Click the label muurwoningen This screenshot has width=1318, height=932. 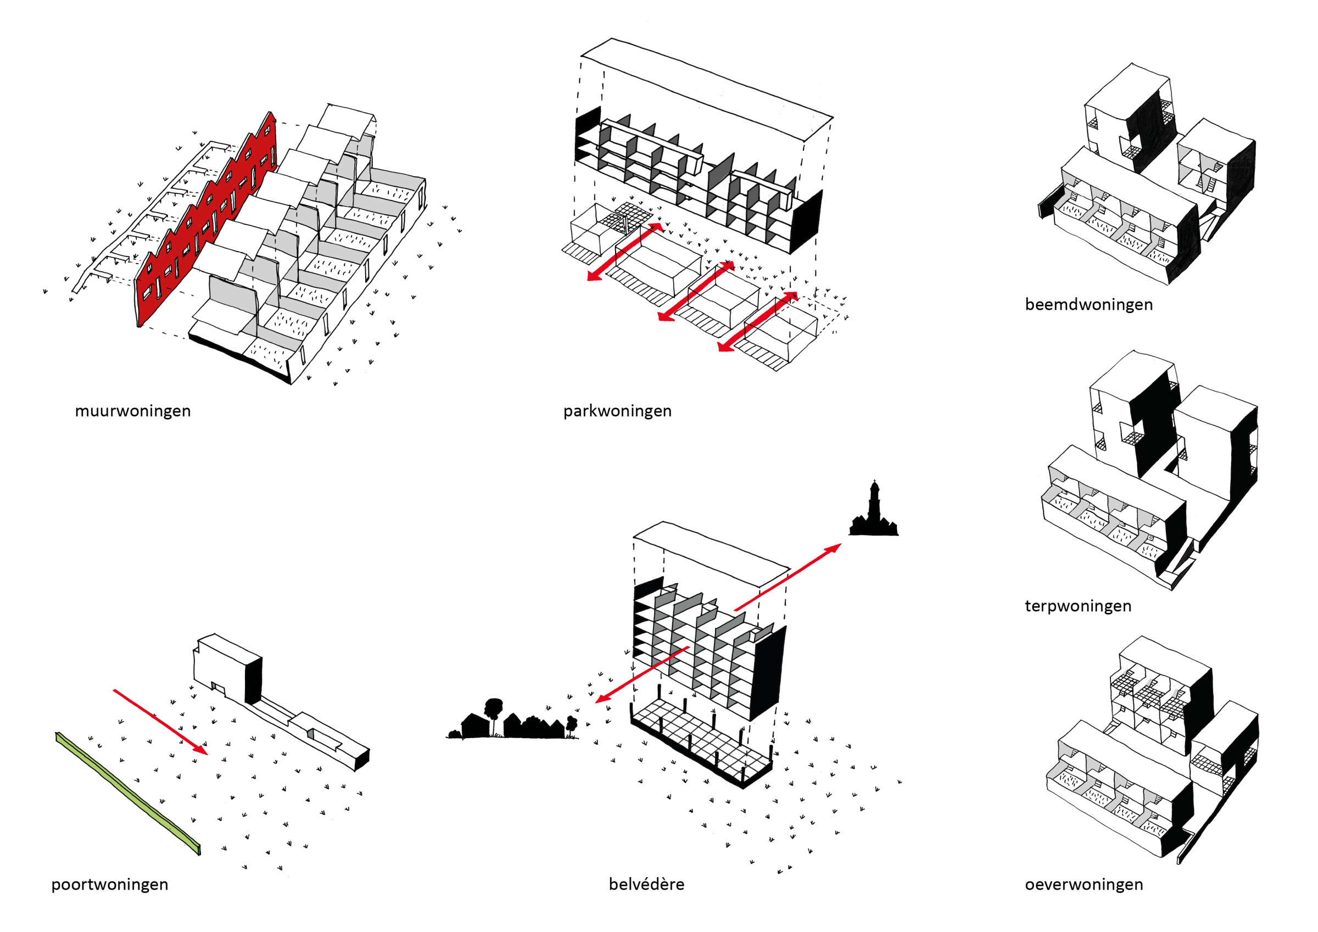tap(132, 411)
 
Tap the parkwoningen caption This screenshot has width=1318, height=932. tap(617, 411)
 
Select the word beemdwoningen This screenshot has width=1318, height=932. tap(1088, 304)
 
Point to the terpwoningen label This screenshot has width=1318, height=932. tap(1078, 606)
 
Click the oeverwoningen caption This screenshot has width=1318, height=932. tap(1084, 884)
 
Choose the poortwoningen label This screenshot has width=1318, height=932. tap(110, 884)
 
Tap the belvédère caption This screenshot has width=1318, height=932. tap(646, 884)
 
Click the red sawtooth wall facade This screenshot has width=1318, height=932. tap(206, 224)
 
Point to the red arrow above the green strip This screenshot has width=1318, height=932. tap(161, 722)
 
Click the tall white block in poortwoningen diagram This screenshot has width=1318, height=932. tap(221, 666)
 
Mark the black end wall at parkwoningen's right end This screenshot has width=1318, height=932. tap(807, 221)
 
